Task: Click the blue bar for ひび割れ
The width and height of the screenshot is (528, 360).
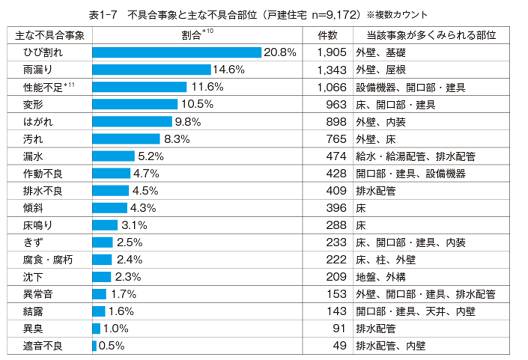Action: click(x=176, y=52)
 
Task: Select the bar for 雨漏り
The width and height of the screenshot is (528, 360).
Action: click(x=151, y=70)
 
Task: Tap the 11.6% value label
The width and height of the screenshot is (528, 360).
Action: click(x=207, y=87)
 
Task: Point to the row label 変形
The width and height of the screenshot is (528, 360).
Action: click(x=33, y=104)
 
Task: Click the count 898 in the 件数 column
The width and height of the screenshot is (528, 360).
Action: click(x=336, y=122)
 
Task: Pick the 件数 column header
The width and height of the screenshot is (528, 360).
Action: click(x=327, y=35)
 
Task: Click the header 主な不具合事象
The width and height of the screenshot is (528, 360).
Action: click(x=49, y=36)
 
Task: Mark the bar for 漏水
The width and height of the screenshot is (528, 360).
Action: click(x=113, y=156)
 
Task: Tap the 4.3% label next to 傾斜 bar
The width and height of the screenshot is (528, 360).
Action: click(x=143, y=208)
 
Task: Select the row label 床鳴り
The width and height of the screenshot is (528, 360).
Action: click(x=37, y=225)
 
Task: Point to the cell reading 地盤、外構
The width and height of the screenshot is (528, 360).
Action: click(x=380, y=277)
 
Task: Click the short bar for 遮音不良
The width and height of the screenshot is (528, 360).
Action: click(x=94, y=346)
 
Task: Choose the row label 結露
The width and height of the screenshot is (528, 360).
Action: click(x=33, y=311)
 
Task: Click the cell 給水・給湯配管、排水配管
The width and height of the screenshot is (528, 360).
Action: click(x=415, y=156)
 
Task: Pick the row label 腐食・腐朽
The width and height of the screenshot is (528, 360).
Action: click(x=48, y=260)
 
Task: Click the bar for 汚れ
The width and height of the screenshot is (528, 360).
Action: click(x=126, y=139)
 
